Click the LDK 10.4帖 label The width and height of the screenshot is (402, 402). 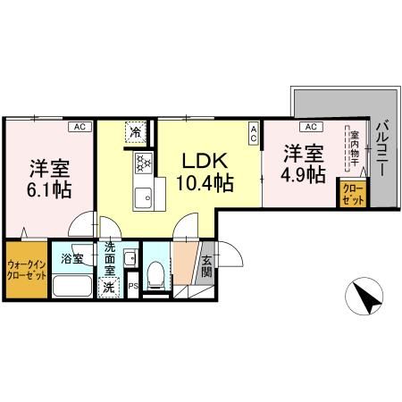pos(207,172)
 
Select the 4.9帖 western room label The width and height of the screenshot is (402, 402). pos(304,163)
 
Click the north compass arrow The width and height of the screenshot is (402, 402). pos(366,298)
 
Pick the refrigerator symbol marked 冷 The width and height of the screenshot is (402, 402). pos(137,132)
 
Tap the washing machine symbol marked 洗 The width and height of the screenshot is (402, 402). pos(109,286)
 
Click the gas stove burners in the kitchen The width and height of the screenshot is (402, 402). pos(143,163)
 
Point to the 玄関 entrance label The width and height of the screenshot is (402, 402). pos(206,265)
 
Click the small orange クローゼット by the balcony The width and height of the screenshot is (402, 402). pos(349,195)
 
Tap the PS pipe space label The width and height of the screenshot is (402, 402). pos(133,287)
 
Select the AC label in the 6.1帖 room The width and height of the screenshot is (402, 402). pos(78,127)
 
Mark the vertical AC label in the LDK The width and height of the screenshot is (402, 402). pos(253,135)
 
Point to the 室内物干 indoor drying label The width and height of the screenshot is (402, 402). pos(352,149)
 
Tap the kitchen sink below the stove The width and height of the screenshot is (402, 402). pos(143,194)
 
